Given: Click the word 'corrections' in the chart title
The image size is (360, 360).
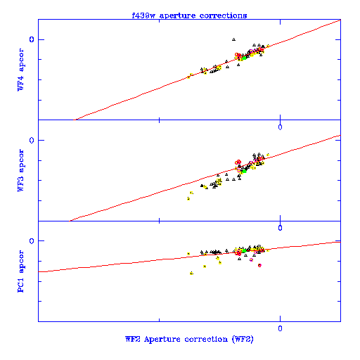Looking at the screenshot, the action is pyautogui.click(x=223, y=15).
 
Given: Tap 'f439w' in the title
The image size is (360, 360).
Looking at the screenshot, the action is pyautogui.click(x=143, y=15).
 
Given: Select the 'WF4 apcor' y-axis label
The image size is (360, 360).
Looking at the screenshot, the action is pyautogui.click(x=20, y=70).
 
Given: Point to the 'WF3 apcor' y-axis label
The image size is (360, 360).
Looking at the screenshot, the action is pyautogui.click(x=20, y=170).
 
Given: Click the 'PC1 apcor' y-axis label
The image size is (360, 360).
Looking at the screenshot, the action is pyautogui.click(x=20, y=271).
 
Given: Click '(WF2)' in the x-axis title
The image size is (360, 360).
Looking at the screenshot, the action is pyautogui.click(x=243, y=339).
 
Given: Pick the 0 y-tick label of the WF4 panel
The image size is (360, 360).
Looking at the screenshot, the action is pyautogui.click(x=32, y=39).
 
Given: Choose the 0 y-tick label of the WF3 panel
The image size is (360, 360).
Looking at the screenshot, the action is pyautogui.click(x=32, y=140).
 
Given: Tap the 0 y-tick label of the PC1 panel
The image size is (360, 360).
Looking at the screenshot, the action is pyautogui.click(x=32, y=241).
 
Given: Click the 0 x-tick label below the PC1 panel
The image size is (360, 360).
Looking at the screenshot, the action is pyautogui.click(x=280, y=328).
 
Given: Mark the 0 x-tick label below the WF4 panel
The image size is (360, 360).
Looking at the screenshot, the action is pyautogui.click(x=280, y=127).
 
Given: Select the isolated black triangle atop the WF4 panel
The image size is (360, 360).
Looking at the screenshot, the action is pyautogui.click(x=233, y=39).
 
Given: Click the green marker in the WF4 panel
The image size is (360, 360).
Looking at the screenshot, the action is pyautogui.click(x=244, y=58).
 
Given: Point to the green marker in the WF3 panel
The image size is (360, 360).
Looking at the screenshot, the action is pyautogui.click(x=244, y=171).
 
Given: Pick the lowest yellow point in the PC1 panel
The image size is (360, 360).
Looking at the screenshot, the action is pyautogui.click(x=192, y=273).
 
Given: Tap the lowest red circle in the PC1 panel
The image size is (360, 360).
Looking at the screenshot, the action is pyautogui.click(x=259, y=265).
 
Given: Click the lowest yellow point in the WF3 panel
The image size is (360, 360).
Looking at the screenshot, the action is pyautogui.click(x=188, y=199).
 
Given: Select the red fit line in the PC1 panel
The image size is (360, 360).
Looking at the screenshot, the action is pyautogui.click(x=189, y=257).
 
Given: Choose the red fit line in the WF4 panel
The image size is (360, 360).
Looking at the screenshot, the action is pyautogui.click(x=207, y=70).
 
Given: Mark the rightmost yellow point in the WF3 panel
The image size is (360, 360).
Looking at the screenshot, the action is pyautogui.click(x=268, y=155).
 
